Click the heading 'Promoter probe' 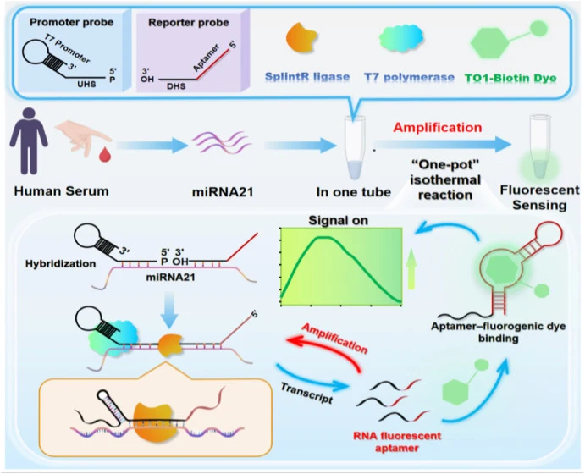pos(72,22)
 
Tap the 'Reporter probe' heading pos(189,23)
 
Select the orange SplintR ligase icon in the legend pos(301,38)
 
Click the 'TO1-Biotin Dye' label pos(510,79)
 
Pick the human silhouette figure pos(29,141)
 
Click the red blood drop pos(105,154)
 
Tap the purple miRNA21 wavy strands pos(223,142)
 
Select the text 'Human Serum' pos(62,191)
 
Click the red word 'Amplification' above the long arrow pos(438,128)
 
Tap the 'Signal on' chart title pos(338,220)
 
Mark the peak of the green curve pos(325,237)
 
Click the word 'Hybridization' pos(60,264)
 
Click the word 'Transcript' pos(306,393)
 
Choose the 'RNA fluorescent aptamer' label pos(397,442)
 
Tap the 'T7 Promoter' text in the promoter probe pos(67,49)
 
